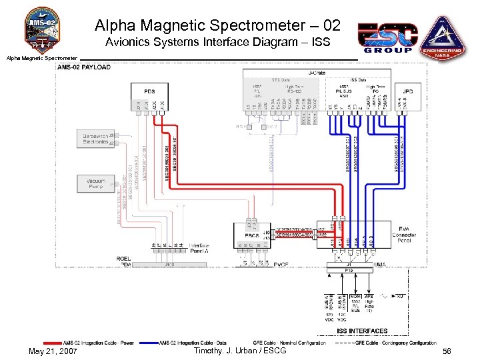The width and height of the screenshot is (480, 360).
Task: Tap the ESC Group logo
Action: [388, 38]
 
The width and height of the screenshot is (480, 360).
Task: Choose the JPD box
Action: [409, 91]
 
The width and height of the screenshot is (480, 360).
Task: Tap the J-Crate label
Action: [317, 72]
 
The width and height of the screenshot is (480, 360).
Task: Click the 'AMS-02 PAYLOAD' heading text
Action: [84, 67]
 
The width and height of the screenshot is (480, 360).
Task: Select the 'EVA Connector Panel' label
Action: [405, 235]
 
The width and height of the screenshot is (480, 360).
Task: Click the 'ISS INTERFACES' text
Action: [362, 331]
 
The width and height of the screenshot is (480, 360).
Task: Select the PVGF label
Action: [281, 265]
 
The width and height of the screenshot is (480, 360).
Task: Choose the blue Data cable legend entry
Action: [193, 343]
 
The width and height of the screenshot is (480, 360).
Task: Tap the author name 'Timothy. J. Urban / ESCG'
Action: [239, 351]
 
